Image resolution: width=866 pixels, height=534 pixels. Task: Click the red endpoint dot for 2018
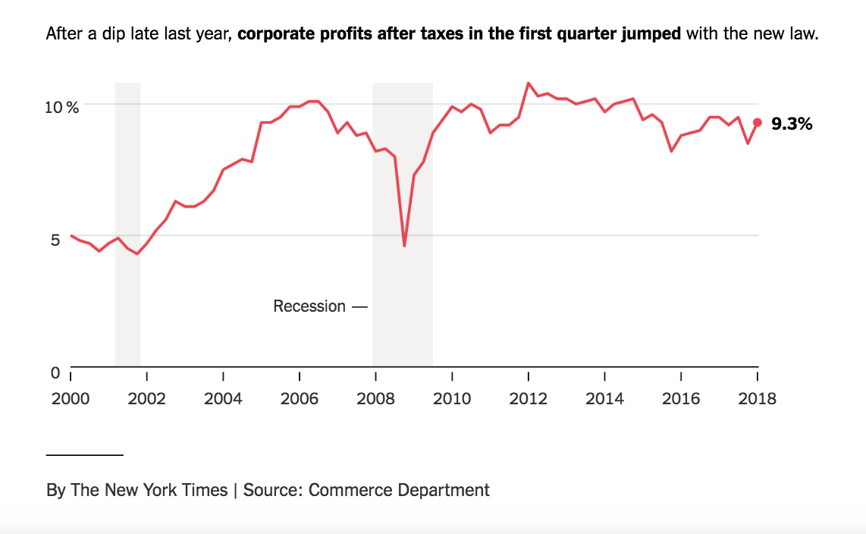coord(757,122)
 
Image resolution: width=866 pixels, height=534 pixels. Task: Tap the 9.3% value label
coord(791,124)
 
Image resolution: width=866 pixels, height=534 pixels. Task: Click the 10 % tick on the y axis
coord(61,107)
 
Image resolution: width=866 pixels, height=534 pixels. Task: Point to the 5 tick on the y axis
coord(55,240)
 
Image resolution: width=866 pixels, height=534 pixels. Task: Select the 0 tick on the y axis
coord(55,372)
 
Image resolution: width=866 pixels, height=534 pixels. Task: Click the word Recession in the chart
coord(309,306)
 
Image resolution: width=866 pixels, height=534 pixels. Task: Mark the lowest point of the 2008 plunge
coord(404,246)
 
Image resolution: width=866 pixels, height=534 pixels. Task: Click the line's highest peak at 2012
coord(529,83)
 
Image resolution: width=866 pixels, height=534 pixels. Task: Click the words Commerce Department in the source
coord(399,490)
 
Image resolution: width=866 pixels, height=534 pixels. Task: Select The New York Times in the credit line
coord(149,490)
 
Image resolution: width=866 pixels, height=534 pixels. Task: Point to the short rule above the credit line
coord(84,454)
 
